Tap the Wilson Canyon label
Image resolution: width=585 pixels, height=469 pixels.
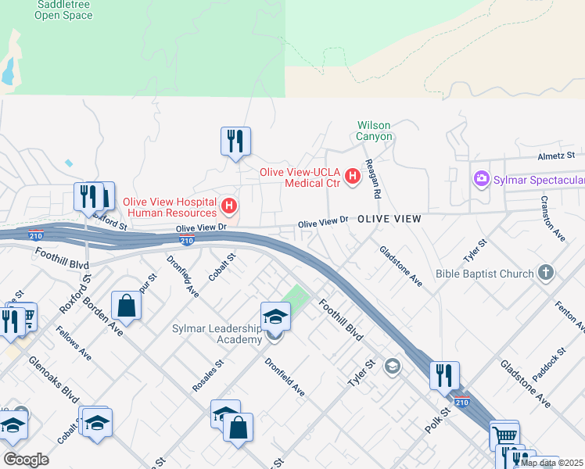374,131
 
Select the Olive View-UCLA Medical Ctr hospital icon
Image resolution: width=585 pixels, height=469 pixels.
352,177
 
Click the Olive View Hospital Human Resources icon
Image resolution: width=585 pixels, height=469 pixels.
229,206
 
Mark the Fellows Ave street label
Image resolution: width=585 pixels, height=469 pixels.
74,343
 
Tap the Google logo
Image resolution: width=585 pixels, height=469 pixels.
26,460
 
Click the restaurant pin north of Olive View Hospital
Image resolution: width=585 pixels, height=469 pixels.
235,141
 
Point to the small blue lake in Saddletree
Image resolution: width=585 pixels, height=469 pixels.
9,72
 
